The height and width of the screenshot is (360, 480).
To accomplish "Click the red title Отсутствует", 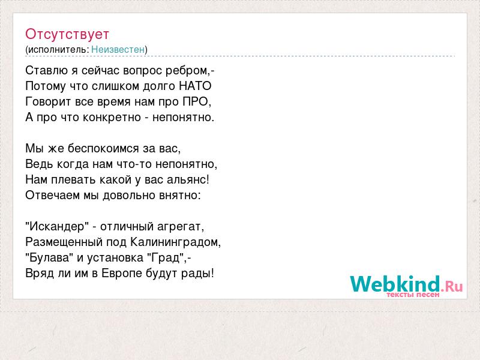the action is tap(67, 34).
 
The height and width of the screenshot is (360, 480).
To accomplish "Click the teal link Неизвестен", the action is tap(118, 49).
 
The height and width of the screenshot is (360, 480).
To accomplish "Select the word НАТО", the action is tap(195, 86).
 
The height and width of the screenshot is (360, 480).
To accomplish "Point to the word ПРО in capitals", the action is tap(196, 101).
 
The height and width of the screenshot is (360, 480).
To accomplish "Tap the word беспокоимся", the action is tap(103, 149).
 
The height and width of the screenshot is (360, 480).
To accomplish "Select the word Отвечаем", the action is tap(53, 196).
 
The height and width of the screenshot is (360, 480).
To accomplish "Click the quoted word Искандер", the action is tap(57, 227).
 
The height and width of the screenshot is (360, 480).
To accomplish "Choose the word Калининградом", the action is tap(174, 242).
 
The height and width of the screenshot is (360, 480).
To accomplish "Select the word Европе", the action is tap(122, 274).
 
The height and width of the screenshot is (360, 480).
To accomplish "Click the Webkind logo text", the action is tap(395, 284).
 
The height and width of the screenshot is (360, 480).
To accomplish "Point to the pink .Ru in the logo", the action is tap(452, 286).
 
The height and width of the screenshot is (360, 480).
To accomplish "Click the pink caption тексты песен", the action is tap(413, 295).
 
